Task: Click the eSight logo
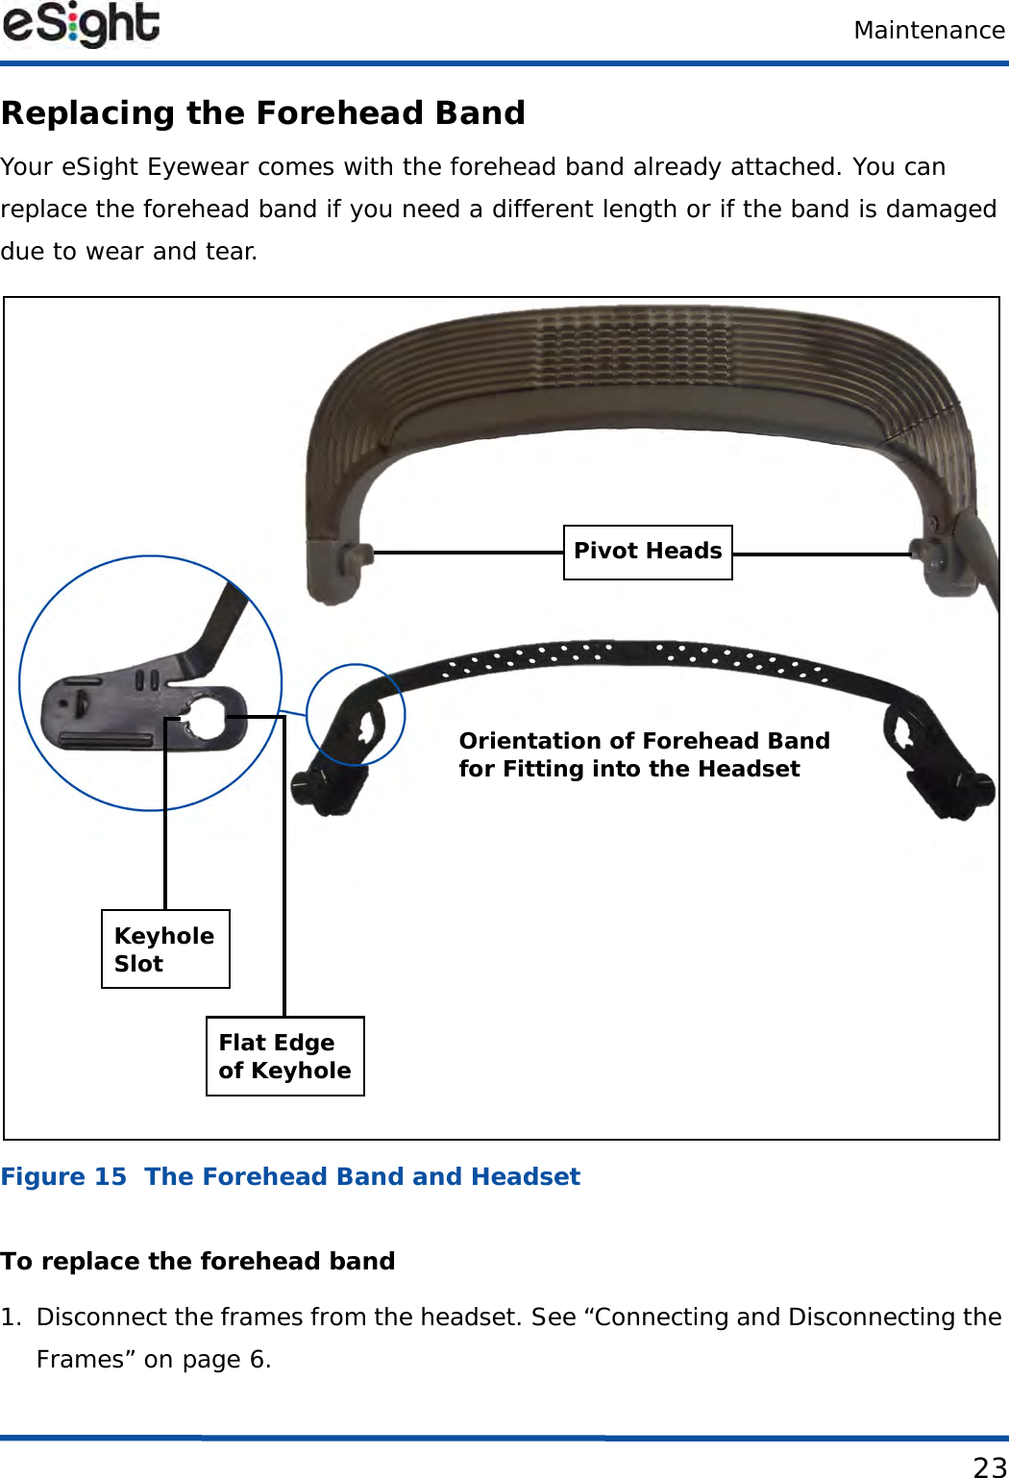tap(81, 25)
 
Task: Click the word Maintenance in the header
tap(928, 31)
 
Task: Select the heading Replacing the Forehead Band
tap(263, 113)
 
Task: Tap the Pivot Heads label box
tap(648, 552)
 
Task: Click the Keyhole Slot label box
tap(165, 948)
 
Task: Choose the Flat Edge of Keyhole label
tap(284, 1056)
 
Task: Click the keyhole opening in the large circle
tap(205, 715)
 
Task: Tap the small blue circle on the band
tap(356, 714)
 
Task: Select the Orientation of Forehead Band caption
tap(644, 754)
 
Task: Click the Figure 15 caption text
tap(290, 1177)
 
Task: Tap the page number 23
tap(989, 1466)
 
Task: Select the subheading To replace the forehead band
tap(198, 1261)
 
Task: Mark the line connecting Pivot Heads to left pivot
tap(467, 553)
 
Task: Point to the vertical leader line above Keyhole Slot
tap(165, 817)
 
